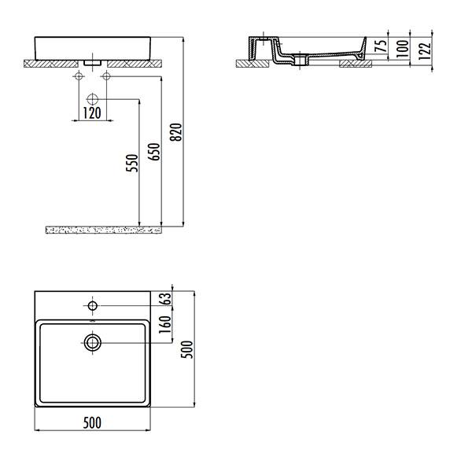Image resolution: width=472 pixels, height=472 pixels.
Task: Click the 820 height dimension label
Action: click(x=176, y=132)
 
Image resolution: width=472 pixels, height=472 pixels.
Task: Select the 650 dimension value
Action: click(x=155, y=152)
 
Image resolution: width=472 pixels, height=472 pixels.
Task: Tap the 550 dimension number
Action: click(x=132, y=163)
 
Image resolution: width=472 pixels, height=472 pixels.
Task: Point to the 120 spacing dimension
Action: click(x=92, y=113)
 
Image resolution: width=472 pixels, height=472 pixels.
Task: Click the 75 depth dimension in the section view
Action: click(x=382, y=46)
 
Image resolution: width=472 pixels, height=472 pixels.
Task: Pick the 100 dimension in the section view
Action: click(x=403, y=48)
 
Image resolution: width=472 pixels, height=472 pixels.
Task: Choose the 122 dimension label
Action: click(x=425, y=51)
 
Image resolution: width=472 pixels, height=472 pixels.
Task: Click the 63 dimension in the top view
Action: click(x=166, y=299)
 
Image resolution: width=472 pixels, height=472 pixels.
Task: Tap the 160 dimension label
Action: click(x=165, y=324)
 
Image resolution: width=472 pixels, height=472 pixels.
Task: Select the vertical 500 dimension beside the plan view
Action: click(x=186, y=349)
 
